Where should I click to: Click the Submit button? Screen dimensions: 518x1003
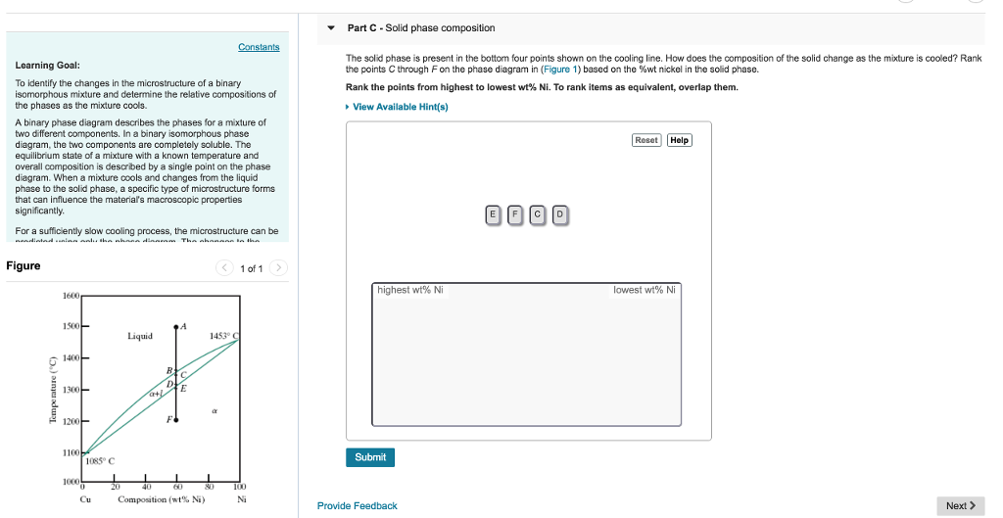coord(370,457)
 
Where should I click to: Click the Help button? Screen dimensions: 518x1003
coord(679,140)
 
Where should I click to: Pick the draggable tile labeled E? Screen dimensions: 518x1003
coord(493,214)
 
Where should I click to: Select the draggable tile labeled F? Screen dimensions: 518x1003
coord(515,214)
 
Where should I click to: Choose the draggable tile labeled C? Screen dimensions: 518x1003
coord(538,214)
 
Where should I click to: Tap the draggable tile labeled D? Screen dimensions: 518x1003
coord(560,214)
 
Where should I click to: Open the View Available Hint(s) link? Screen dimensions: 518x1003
coord(399,107)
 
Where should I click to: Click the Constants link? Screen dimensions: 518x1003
coord(259,47)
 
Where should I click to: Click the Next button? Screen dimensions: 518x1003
coord(961,505)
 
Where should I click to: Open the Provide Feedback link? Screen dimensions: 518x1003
coord(357,506)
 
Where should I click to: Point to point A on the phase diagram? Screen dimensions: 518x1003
coord(176,327)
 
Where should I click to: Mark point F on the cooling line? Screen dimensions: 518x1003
coord(176,419)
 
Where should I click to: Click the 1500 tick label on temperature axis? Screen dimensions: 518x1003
coord(71,326)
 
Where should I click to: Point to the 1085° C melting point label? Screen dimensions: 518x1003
coord(100,460)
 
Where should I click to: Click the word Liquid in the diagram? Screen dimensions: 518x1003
coord(140,336)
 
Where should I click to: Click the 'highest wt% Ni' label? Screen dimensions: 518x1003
coord(410,290)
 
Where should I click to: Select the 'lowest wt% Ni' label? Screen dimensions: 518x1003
coord(644,290)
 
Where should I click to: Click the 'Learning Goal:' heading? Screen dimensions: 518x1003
coord(41,66)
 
